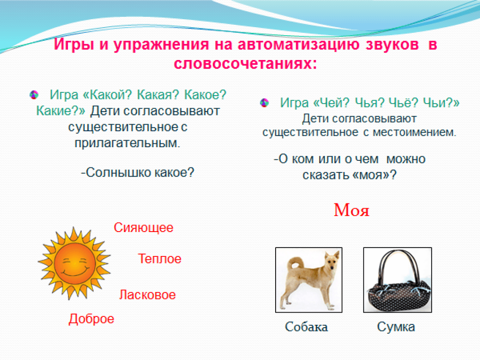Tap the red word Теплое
click(x=159, y=259)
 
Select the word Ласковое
click(x=147, y=295)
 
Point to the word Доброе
click(x=91, y=319)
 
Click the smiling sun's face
click(x=75, y=264)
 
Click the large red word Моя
click(x=352, y=210)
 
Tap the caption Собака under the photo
click(x=306, y=327)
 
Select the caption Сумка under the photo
click(x=396, y=327)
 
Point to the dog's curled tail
click(x=294, y=263)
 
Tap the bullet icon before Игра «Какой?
click(x=34, y=95)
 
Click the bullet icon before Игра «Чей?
click(x=264, y=103)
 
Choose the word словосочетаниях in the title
click(x=245, y=64)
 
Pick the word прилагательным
click(x=127, y=143)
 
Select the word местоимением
click(x=414, y=132)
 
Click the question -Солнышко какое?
click(x=137, y=172)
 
